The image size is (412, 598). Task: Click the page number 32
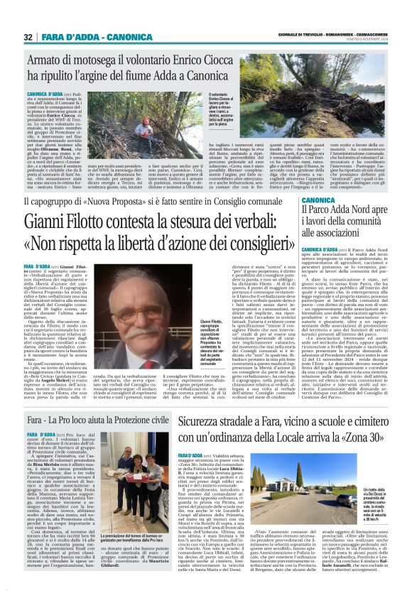point(28,37)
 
